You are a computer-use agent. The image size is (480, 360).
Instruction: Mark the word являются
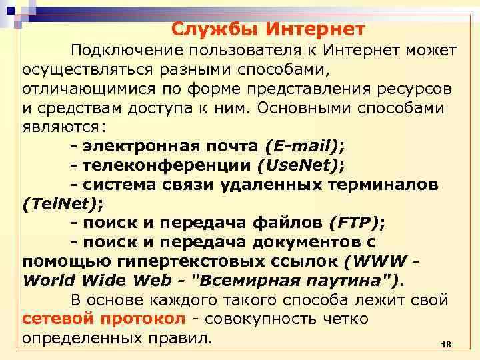tap(61, 127)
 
